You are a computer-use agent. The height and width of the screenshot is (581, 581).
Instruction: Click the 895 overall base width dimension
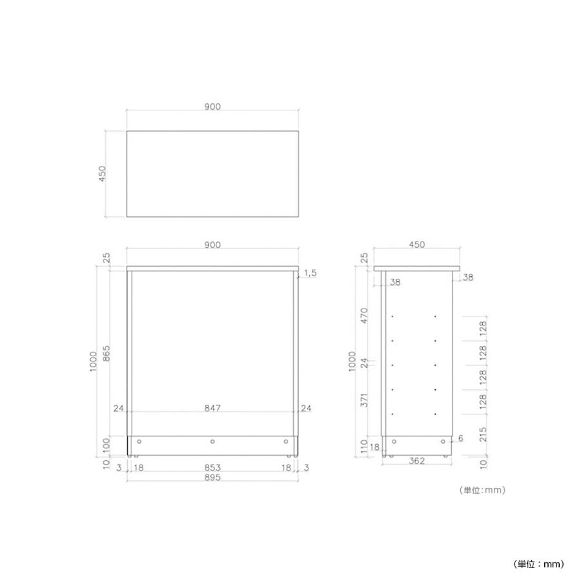(212, 477)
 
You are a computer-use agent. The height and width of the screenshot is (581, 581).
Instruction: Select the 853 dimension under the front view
(212, 467)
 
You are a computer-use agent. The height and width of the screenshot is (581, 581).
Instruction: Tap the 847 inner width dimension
(212, 408)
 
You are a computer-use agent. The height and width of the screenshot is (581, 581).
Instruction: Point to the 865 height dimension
(106, 354)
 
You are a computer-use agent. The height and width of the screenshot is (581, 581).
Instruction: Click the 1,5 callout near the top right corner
(310, 273)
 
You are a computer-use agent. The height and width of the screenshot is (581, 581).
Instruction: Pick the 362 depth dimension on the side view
(416, 460)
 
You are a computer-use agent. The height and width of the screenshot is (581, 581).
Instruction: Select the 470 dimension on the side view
(364, 315)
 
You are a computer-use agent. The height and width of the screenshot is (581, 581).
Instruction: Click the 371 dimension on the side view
(364, 400)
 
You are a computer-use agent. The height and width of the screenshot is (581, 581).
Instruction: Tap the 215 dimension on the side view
(483, 434)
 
